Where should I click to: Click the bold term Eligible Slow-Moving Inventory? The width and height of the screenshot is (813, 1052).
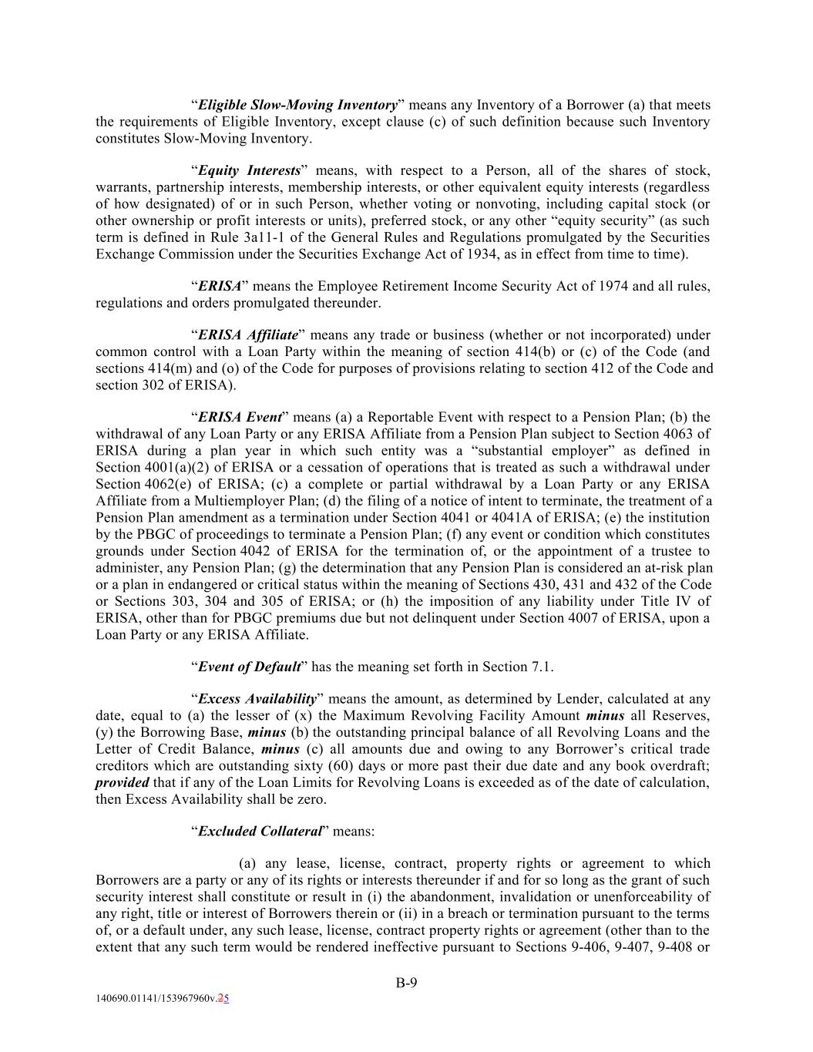point(297,105)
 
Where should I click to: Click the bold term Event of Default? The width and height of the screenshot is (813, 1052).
point(249,667)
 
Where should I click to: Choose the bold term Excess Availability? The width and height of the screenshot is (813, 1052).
point(257,699)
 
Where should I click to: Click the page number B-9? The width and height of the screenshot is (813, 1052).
point(406,983)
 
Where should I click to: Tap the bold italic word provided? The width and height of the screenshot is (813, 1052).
point(123,782)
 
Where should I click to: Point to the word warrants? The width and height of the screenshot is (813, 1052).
point(123,187)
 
